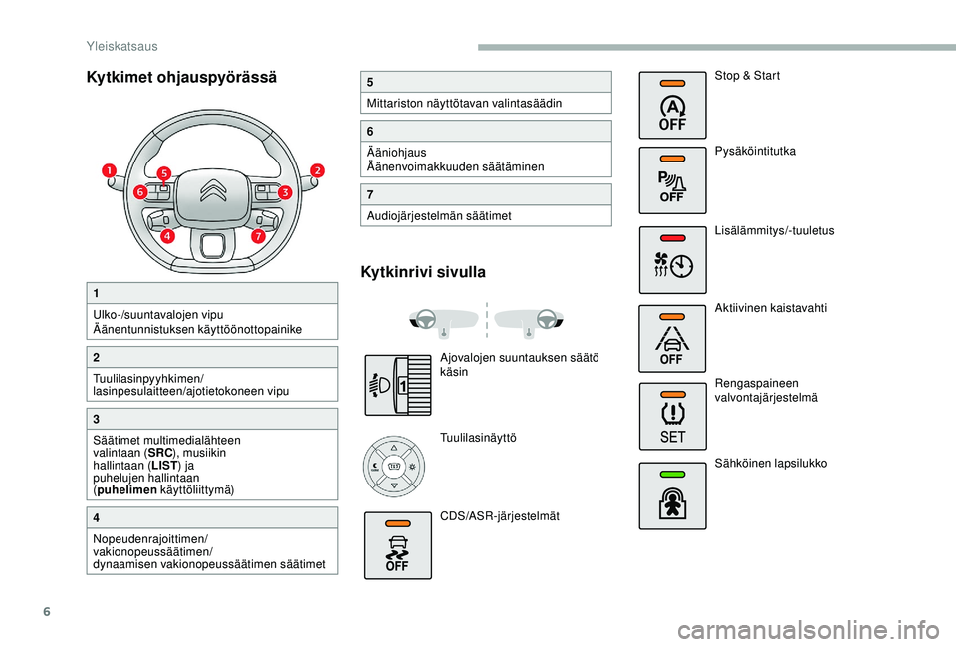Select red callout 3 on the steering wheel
coord(284,192)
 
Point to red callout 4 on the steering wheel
coord(167,237)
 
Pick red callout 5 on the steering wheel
coord(163,173)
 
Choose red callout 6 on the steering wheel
coord(140,191)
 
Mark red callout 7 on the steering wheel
coord(258,237)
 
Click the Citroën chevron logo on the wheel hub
coord(213,190)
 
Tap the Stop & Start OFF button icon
coord(672,105)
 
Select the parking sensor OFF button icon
coord(672,179)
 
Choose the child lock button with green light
coord(672,495)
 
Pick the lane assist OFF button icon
coord(672,337)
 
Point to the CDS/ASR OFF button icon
coord(397,545)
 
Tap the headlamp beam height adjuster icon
coord(397,381)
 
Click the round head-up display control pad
coord(394,466)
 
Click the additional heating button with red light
coord(672,260)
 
